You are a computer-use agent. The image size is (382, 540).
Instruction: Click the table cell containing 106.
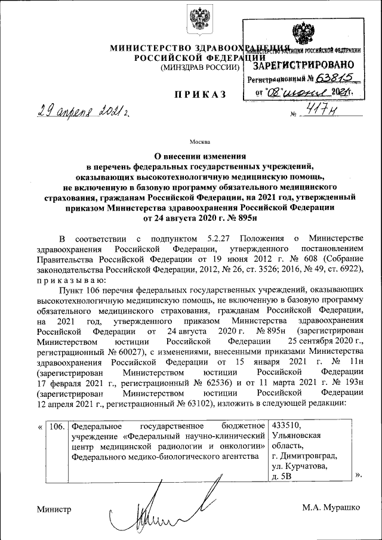[56, 426]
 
